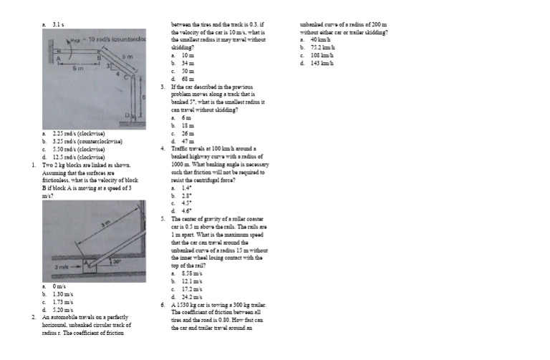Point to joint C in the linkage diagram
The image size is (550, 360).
point(131,76)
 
